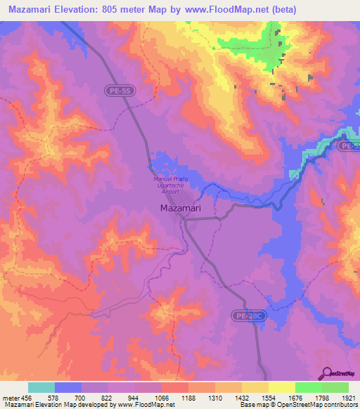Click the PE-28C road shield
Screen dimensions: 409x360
click(x=250, y=317)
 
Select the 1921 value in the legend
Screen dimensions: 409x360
click(x=348, y=398)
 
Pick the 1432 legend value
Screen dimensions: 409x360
click(x=242, y=398)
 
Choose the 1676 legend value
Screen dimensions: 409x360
click(x=295, y=398)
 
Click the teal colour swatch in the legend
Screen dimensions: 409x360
click(x=41, y=387)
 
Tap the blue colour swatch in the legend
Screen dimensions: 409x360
click(x=67, y=387)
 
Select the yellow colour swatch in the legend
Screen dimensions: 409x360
click(x=281, y=387)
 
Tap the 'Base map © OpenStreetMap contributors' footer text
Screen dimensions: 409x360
click(x=298, y=405)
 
